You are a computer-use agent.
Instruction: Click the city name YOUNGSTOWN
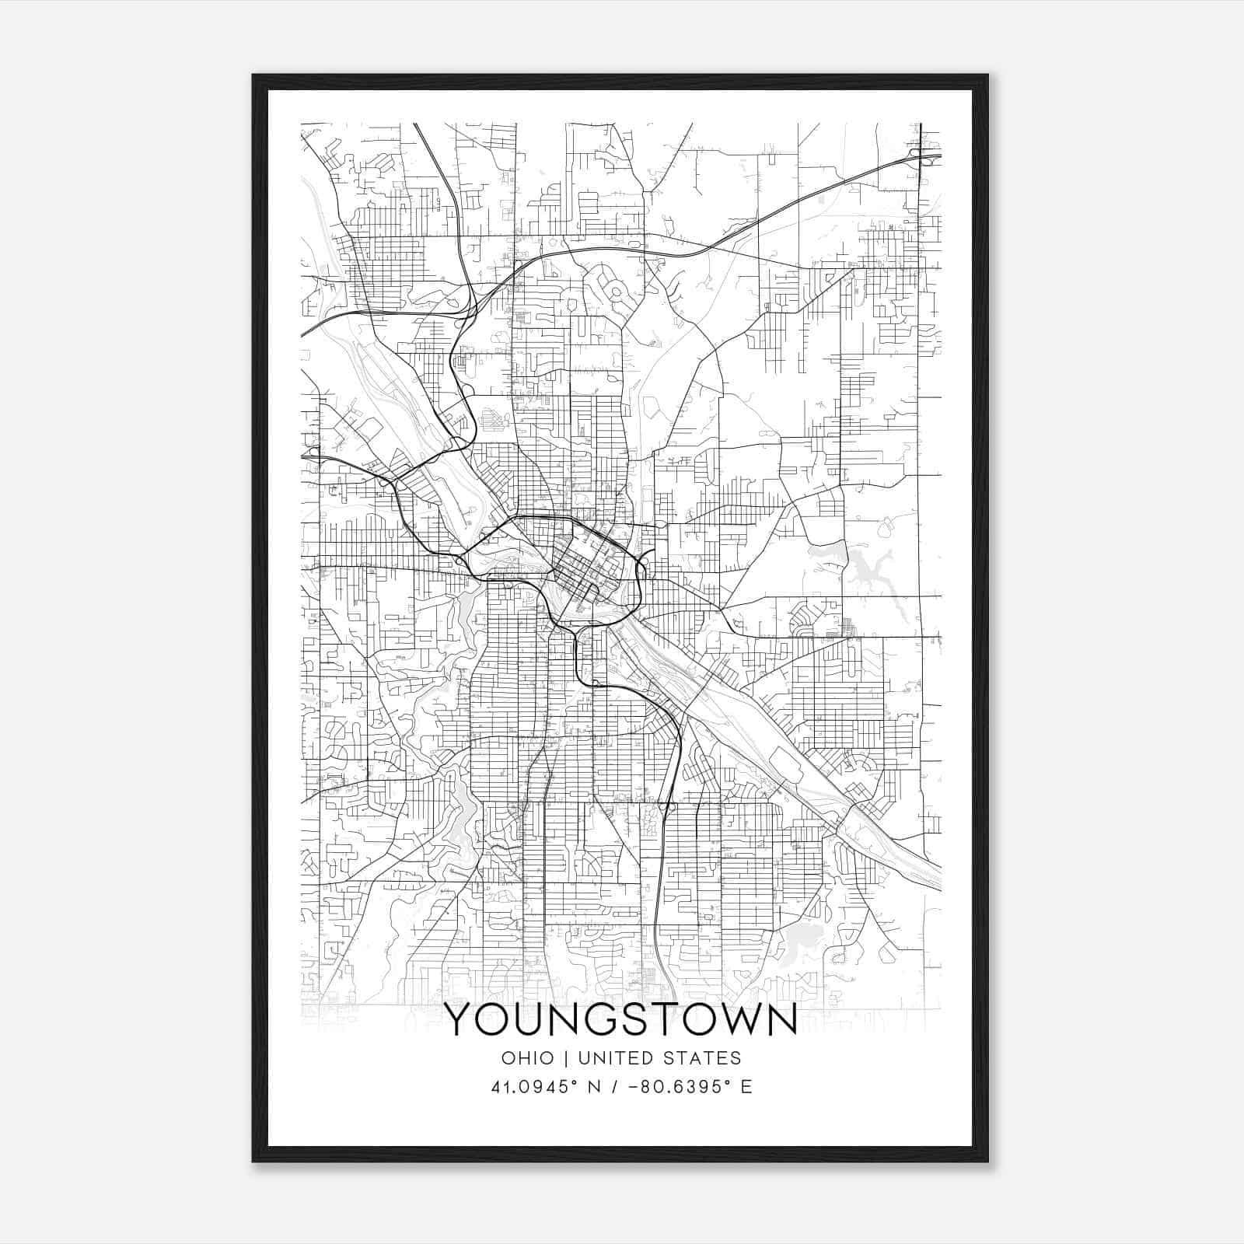(621, 1020)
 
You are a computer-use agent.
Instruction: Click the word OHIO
(528, 1058)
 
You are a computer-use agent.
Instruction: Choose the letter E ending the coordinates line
(746, 1086)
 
